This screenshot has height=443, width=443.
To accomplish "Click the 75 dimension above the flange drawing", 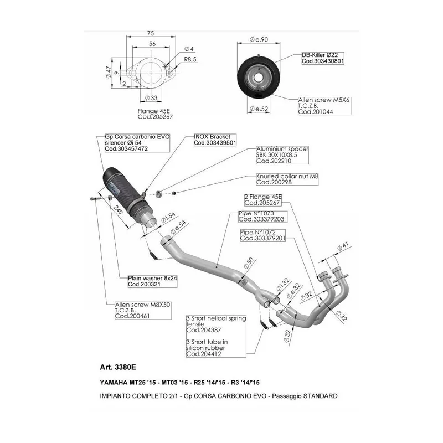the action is pos(151,33).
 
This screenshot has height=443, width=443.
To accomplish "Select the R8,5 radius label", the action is pos(190,59).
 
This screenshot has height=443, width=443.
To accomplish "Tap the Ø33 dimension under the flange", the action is pos(151,98).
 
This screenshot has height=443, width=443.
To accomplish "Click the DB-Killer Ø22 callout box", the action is pos(323,58).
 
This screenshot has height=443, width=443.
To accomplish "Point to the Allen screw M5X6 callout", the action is pos(324,106).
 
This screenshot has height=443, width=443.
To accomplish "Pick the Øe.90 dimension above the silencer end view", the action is pos(259,39).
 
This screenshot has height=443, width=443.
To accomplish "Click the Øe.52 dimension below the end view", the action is pos(259,109).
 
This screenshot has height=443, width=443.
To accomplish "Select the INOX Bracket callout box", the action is pos(215,140).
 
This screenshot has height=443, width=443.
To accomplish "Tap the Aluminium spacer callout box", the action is pos(282,155).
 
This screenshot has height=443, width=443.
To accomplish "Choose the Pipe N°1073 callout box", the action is pos(262,217).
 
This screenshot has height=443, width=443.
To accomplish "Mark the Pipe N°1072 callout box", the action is pos(262,235).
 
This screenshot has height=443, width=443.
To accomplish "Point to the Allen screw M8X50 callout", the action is pos(143,311).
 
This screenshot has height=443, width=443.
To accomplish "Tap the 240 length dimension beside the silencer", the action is pos(118,210).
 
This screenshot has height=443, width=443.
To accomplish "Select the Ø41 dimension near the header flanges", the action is pos(343,246).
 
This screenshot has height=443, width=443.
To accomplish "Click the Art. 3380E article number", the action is pos(118,367).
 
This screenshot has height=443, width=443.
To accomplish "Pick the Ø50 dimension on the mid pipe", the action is pos(249,263).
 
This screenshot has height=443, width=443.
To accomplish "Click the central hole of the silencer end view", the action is pos(258,78).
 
